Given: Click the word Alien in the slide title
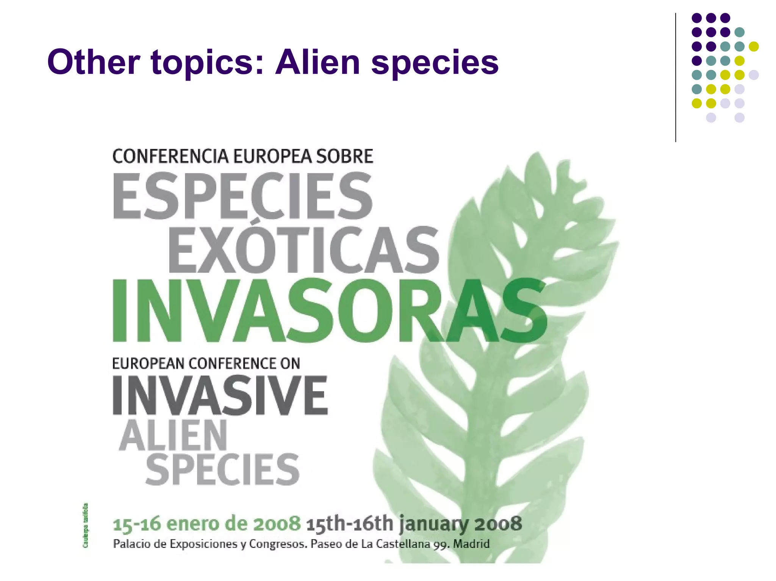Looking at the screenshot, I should [x=318, y=62].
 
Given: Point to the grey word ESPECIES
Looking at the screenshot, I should [x=242, y=196].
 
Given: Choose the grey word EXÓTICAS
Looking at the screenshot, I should [x=303, y=250].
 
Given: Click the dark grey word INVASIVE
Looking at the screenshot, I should [x=220, y=396].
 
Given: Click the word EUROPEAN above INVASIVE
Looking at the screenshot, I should [x=148, y=364].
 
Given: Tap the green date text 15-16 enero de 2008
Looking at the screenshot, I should [x=207, y=524].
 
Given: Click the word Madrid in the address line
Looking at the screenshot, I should [x=471, y=544].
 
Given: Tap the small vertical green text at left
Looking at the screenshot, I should [x=86, y=525].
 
